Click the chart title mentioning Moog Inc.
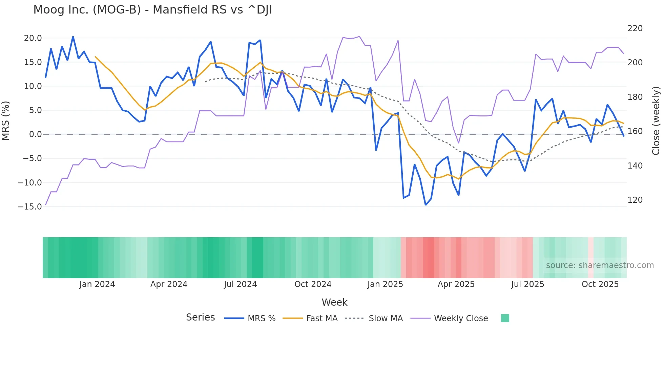pos(152,10)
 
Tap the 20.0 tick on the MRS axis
pos(33,38)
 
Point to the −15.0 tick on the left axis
pos(30,206)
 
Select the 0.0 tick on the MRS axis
pos(35,134)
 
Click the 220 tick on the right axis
pos(635,28)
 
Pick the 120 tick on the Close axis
pos(635,200)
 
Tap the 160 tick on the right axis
pos(635,131)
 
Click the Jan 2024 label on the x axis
pos(97,284)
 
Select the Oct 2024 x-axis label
pos(313,284)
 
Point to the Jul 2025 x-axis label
pos(527,284)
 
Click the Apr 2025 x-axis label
pos(456,284)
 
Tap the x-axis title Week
pos(334,302)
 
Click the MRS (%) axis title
pos(6,121)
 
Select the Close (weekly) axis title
pos(656,121)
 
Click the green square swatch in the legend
pos(505,318)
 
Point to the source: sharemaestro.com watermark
pos(600,265)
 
